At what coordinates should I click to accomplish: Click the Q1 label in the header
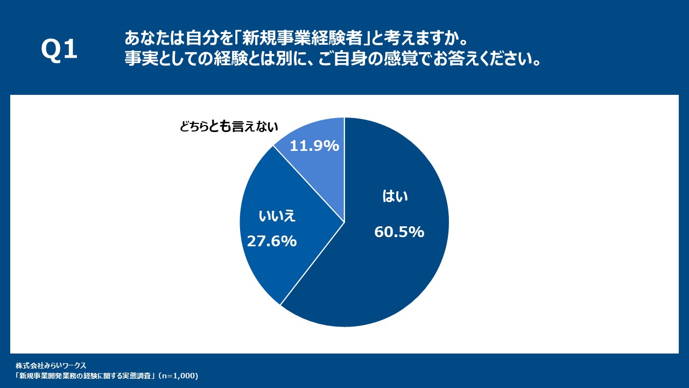point(59,50)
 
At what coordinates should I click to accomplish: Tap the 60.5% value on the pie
point(399,232)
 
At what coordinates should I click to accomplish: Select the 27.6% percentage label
point(271,241)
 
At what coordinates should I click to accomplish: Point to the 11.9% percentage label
point(314,145)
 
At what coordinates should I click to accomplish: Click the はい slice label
point(395,197)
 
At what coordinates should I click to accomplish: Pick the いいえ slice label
point(278,217)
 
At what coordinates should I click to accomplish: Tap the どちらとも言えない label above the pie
point(229,127)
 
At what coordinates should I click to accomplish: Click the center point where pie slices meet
point(344,222)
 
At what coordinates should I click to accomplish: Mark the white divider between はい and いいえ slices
point(312,264)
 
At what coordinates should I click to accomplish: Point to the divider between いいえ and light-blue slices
point(308,183)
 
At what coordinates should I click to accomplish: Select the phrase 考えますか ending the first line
point(425,39)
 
